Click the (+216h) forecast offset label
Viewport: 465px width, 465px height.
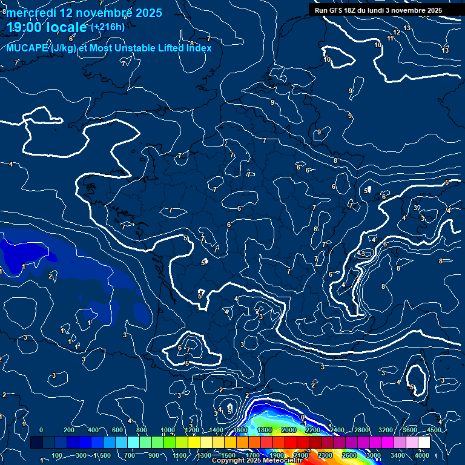click(x=108, y=27)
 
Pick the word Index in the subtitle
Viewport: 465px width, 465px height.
click(x=199, y=48)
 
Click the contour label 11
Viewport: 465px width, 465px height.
click(x=391, y=38)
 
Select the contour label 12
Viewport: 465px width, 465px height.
click(x=397, y=32)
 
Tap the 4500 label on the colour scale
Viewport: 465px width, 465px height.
click(x=434, y=429)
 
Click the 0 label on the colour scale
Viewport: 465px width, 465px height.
click(x=41, y=429)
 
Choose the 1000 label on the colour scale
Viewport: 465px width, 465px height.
click(x=168, y=429)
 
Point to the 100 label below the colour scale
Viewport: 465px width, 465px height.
click(x=58, y=455)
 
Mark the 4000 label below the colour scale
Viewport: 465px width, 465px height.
click(x=422, y=455)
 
